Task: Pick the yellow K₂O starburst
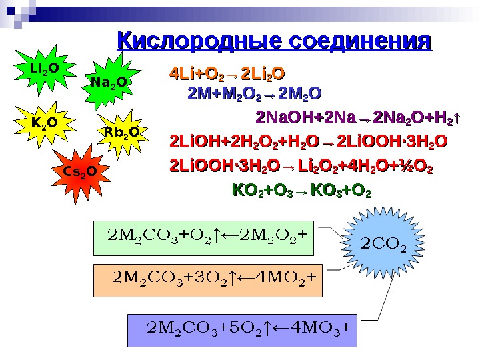click(44, 123)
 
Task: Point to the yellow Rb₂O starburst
click(122, 133)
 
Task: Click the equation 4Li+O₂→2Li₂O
click(227, 73)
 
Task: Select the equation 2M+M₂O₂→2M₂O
click(255, 92)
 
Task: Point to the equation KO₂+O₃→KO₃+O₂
click(300, 192)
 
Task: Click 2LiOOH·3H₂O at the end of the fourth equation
click(393, 142)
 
